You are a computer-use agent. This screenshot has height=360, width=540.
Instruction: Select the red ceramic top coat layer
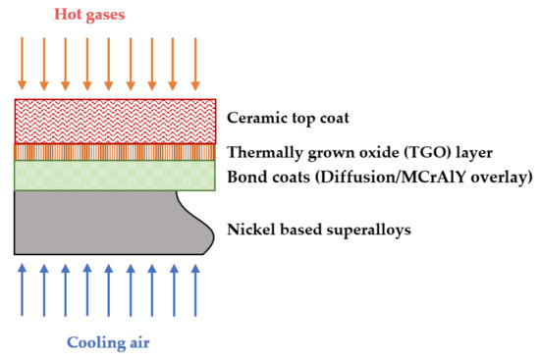pyautogui.click(x=115, y=121)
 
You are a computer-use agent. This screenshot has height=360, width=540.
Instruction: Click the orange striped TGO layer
pyautogui.click(x=115, y=152)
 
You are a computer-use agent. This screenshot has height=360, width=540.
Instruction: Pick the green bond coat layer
pyautogui.click(x=115, y=176)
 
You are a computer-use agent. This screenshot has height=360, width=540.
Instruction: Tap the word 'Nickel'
pyautogui.click(x=250, y=231)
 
